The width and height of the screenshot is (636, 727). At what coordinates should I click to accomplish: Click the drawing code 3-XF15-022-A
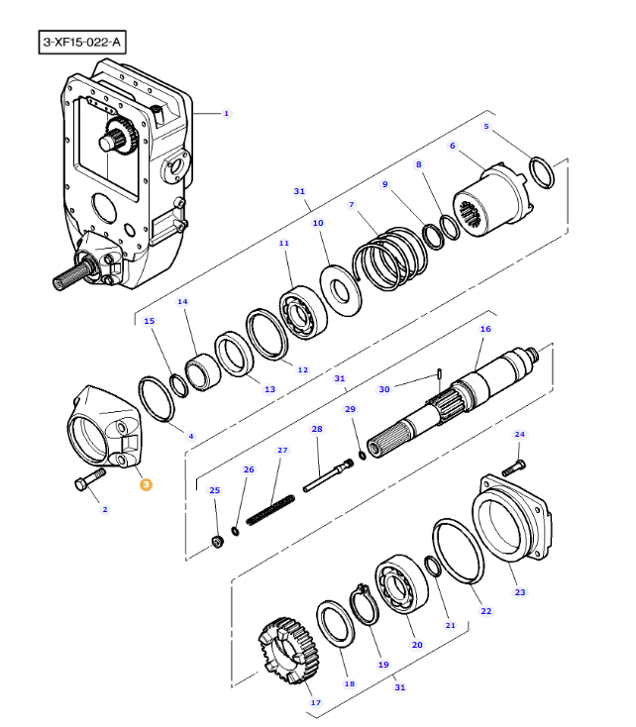83,44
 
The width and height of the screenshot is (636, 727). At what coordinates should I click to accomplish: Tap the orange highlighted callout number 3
146,484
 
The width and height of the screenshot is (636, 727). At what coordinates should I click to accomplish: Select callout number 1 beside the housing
226,114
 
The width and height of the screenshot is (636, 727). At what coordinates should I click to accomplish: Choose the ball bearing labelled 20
400,592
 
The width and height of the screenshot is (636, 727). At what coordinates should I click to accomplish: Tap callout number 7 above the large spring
351,205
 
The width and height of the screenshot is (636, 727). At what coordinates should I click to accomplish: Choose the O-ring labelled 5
541,171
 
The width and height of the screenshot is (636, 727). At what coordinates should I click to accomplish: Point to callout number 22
485,611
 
